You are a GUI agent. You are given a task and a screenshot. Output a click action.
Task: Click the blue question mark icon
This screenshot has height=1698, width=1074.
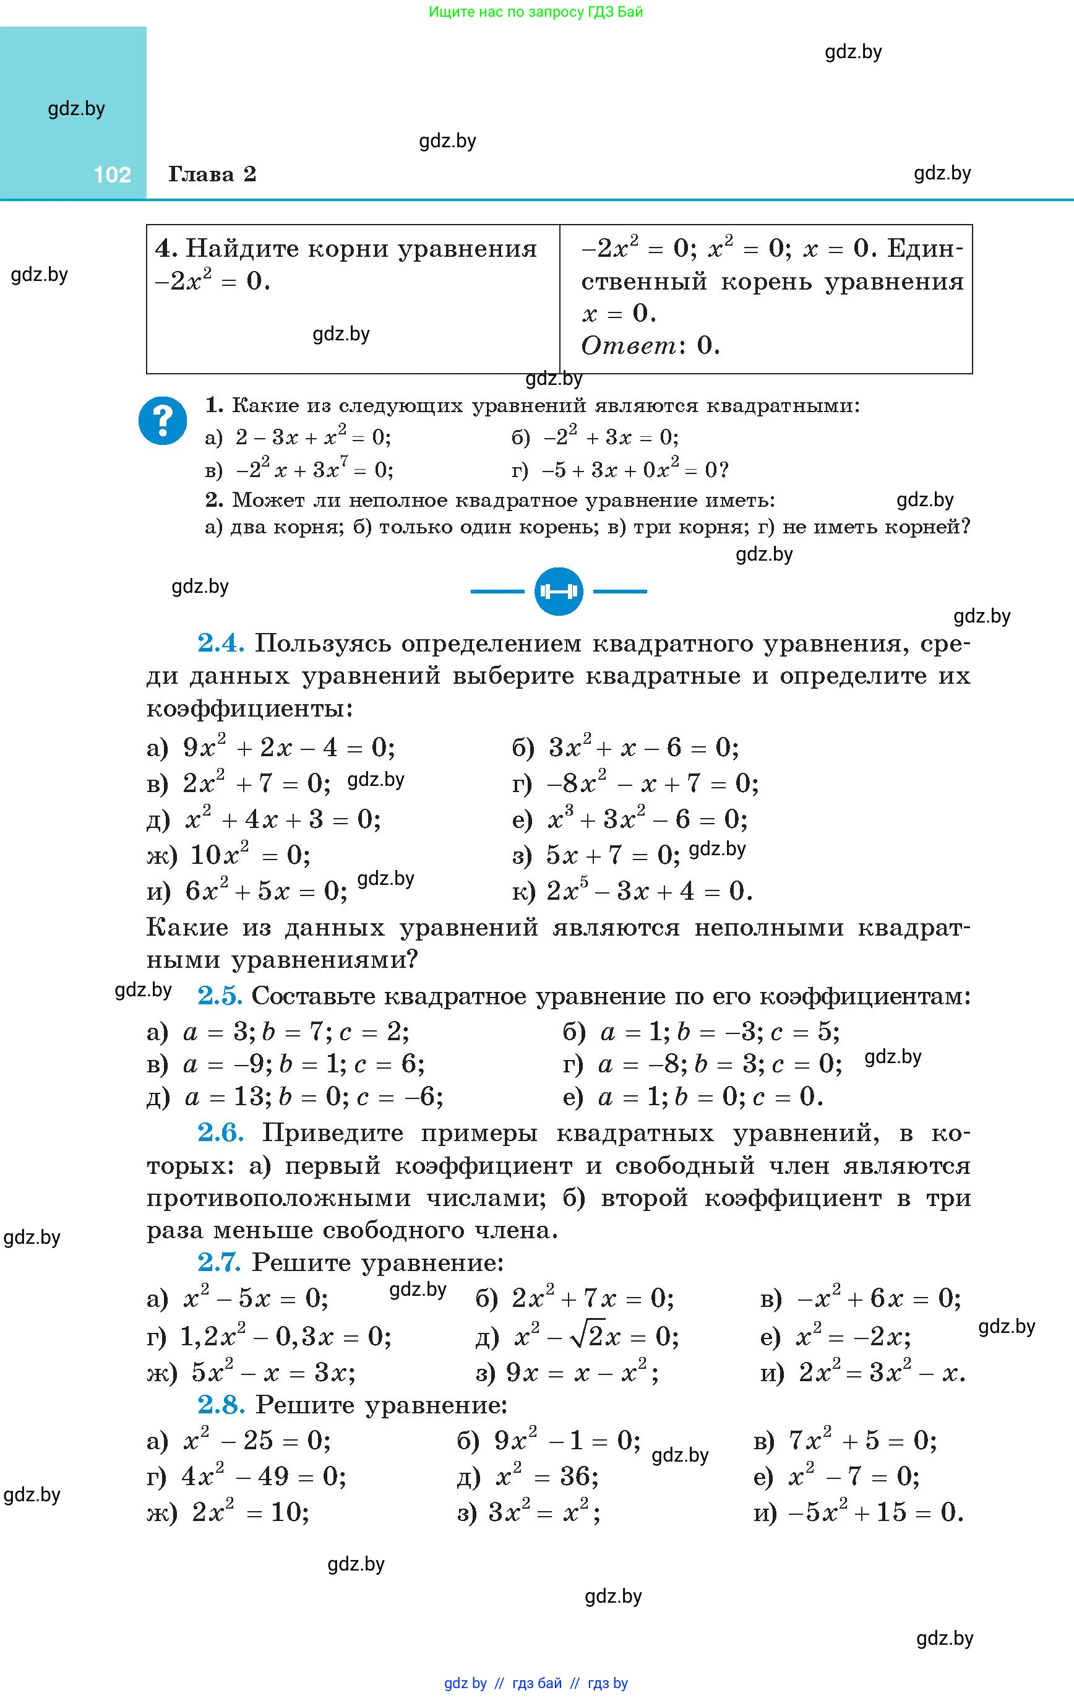(163, 421)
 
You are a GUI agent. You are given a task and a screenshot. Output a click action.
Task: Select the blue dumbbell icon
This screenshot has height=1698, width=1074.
(559, 591)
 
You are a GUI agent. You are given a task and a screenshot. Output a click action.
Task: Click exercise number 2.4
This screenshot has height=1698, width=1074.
(221, 643)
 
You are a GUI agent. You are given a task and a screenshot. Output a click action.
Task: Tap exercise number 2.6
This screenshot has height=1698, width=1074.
(221, 1133)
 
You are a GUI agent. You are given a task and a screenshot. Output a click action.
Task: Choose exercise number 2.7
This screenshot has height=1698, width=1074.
(219, 1262)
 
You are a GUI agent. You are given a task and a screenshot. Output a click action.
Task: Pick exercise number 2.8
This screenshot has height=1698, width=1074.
(221, 1405)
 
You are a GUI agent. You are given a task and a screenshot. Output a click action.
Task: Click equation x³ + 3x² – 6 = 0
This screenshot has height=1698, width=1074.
(647, 819)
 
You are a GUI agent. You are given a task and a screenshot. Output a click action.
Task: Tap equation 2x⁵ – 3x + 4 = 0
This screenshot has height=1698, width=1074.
(649, 891)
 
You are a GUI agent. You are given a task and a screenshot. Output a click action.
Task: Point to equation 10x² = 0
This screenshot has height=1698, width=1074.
(251, 855)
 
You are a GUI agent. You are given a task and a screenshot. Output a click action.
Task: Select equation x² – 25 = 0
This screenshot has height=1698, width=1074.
(257, 1441)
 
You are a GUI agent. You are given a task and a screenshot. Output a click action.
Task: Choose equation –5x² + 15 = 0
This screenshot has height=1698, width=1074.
(875, 1512)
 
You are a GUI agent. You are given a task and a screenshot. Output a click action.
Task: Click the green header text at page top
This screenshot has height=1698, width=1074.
(536, 12)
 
